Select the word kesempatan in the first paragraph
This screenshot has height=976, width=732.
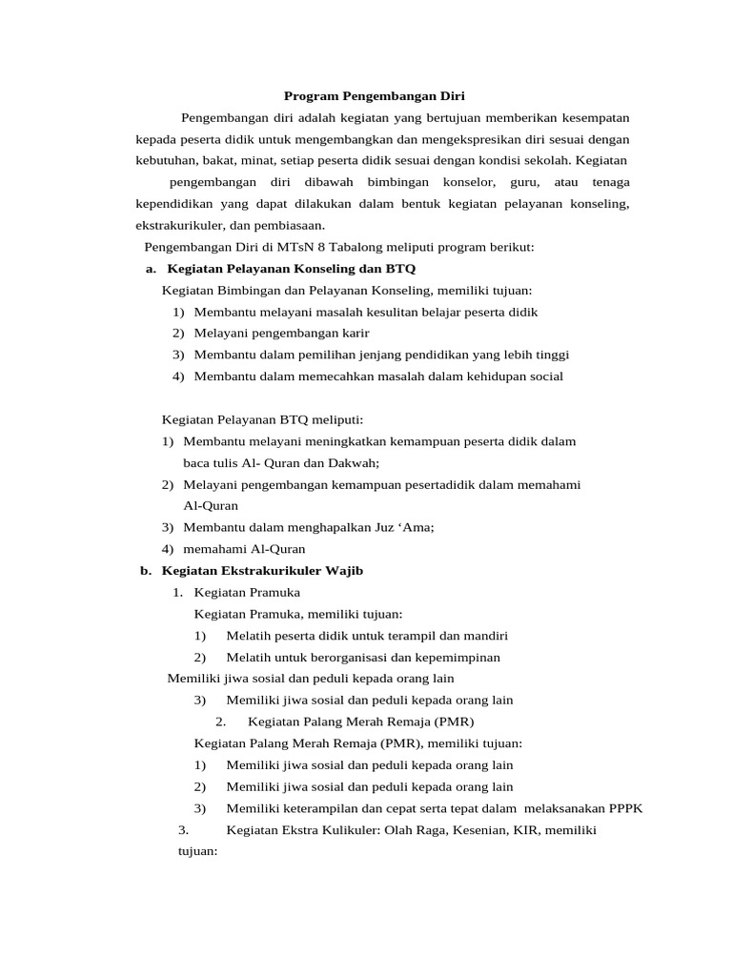(591, 117)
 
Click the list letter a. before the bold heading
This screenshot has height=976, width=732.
(151, 270)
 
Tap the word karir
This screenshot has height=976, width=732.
(353, 333)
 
